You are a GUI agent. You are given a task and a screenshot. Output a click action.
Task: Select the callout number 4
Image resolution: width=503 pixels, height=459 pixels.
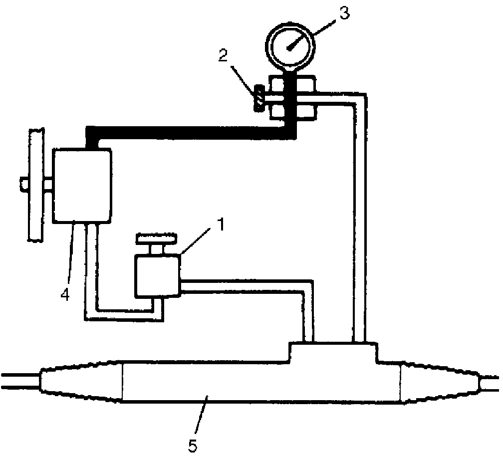pyautogui.click(x=65, y=295)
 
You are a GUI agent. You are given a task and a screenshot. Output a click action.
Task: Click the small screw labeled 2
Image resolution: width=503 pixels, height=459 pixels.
pyautogui.click(x=258, y=98)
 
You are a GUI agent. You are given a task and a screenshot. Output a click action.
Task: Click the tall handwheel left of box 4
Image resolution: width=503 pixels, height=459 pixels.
pyautogui.click(x=35, y=185)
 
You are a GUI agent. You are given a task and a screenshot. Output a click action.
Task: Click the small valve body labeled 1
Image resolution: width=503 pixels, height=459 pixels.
pyautogui.click(x=157, y=275)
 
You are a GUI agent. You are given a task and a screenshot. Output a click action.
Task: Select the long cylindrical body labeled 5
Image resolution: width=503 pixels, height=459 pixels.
pyautogui.click(x=259, y=382)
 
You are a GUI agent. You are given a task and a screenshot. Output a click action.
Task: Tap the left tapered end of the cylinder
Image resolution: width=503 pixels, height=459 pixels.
pyautogui.click(x=80, y=384)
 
